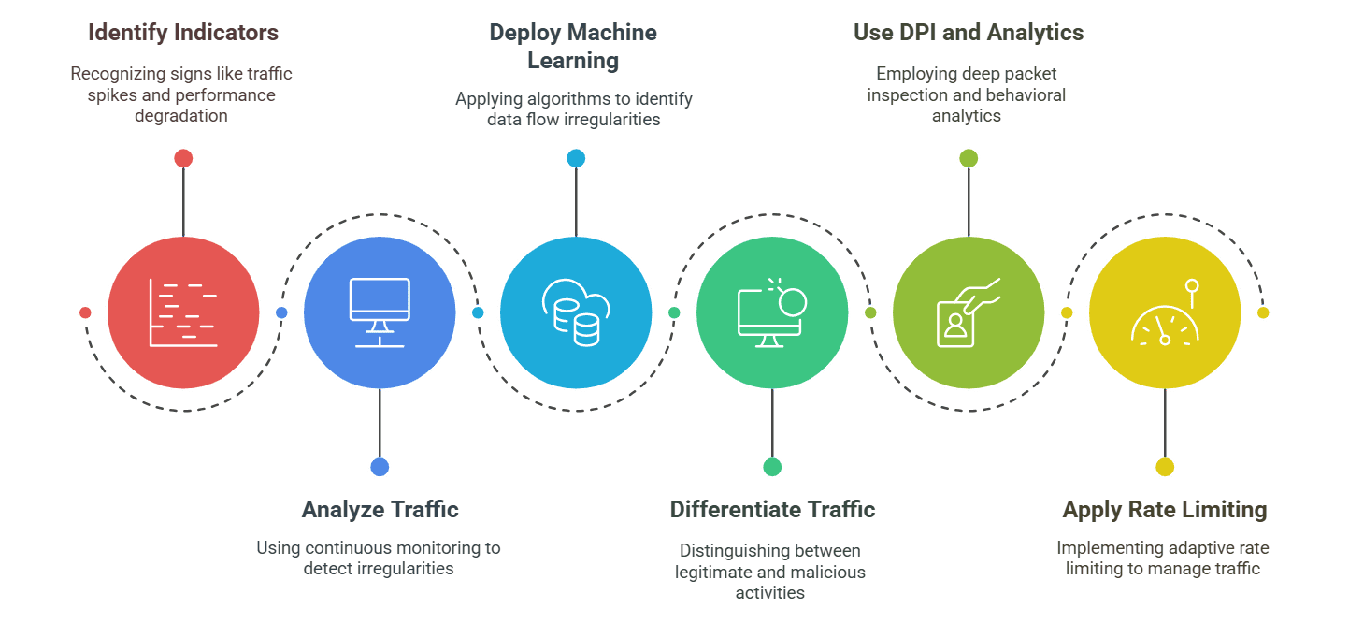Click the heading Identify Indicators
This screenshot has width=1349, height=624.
(x=183, y=33)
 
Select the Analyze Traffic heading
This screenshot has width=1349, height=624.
(x=380, y=510)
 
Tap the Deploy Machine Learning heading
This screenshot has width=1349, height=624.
(x=573, y=46)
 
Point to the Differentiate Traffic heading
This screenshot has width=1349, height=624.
(x=772, y=510)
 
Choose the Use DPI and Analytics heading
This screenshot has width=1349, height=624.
(x=969, y=33)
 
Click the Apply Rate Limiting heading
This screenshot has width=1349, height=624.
(x=1164, y=510)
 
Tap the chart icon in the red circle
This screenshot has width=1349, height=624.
(x=183, y=312)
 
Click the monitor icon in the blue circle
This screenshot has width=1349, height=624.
(x=380, y=312)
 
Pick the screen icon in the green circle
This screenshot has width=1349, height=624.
(x=771, y=312)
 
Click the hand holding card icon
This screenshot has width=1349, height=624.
(x=968, y=312)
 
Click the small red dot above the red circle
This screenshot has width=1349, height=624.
(x=183, y=158)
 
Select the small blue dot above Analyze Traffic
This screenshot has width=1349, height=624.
(x=380, y=467)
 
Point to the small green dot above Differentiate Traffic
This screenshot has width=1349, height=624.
(x=772, y=467)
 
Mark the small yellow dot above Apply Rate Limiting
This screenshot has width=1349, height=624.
(x=1164, y=467)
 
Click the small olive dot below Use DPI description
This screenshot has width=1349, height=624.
(x=969, y=158)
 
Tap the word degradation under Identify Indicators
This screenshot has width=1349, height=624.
(x=183, y=115)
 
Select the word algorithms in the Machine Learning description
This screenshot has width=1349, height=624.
(x=563, y=98)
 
